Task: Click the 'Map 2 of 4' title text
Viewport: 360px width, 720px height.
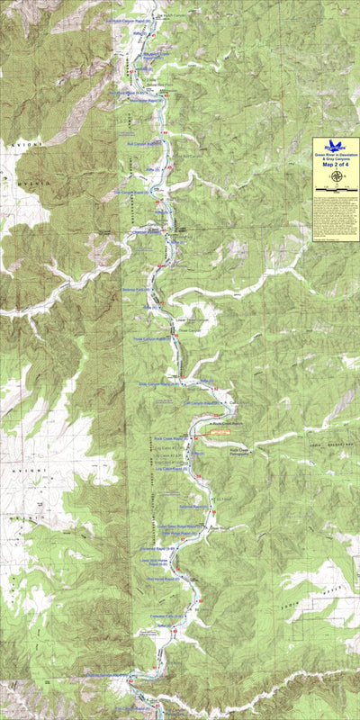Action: pyautogui.click(x=335, y=165)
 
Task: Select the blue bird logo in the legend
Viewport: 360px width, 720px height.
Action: pyautogui.click(x=336, y=145)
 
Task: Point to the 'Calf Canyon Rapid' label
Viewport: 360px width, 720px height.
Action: pyautogui.click(x=202, y=402)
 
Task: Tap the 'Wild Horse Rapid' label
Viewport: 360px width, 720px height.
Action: pyautogui.click(x=163, y=580)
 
